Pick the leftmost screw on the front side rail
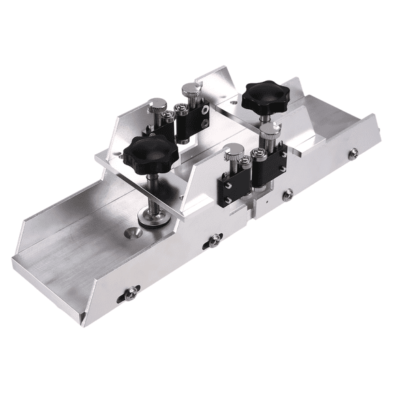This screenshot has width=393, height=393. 129,295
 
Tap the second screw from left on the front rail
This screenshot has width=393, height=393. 214,239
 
